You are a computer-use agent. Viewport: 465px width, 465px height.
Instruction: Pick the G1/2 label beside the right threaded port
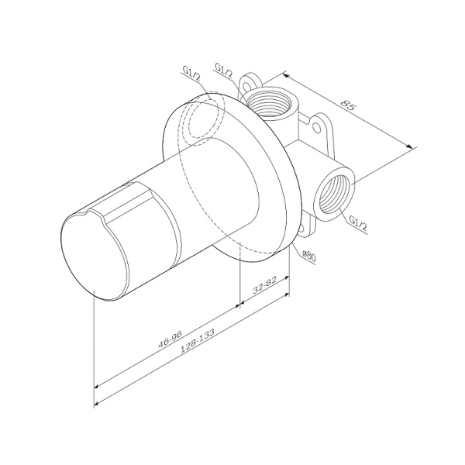pyautogui.click(x=357, y=220)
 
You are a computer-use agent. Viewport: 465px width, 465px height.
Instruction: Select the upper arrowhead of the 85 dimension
pyautogui.click(x=284, y=75)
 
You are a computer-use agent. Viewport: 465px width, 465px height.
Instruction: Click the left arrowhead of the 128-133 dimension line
pyautogui.click(x=96, y=403)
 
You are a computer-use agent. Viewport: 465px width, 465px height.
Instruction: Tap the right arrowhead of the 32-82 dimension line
pyautogui.click(x=288, y=294)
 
